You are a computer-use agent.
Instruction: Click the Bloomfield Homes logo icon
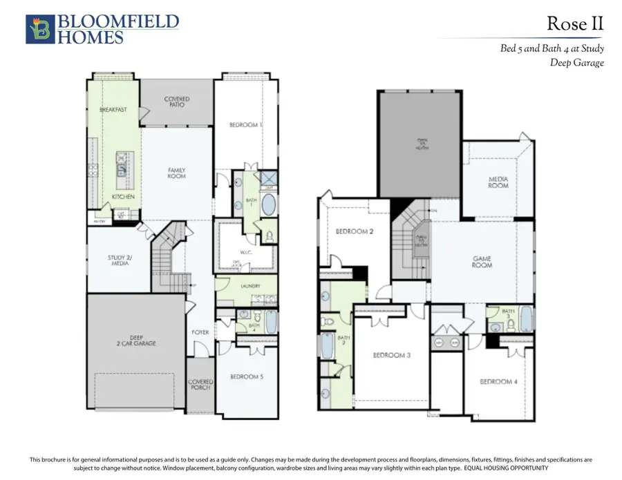point(39,30)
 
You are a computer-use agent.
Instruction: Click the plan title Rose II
point(575,24)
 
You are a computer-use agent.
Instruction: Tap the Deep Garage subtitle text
point(577,63)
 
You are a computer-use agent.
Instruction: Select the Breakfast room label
point(113,110)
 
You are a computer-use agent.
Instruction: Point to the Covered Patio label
point(177,103)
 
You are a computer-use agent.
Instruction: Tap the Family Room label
point(177,173)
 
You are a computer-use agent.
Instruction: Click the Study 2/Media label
point(119,261)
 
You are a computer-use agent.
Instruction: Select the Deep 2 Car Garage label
point(136,340)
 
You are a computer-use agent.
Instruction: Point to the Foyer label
point(200,332)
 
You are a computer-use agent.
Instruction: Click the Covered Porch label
point(200,385)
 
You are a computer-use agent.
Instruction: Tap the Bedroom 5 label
point(245,377)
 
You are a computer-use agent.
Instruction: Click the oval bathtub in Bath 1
point(268,206)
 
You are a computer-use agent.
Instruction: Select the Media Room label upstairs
point(498,182)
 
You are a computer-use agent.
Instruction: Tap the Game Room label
point(482,262)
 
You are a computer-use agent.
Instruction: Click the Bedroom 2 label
point(355,231)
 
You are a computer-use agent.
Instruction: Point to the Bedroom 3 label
point(392,356)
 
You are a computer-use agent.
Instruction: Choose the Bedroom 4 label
point(498,382)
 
